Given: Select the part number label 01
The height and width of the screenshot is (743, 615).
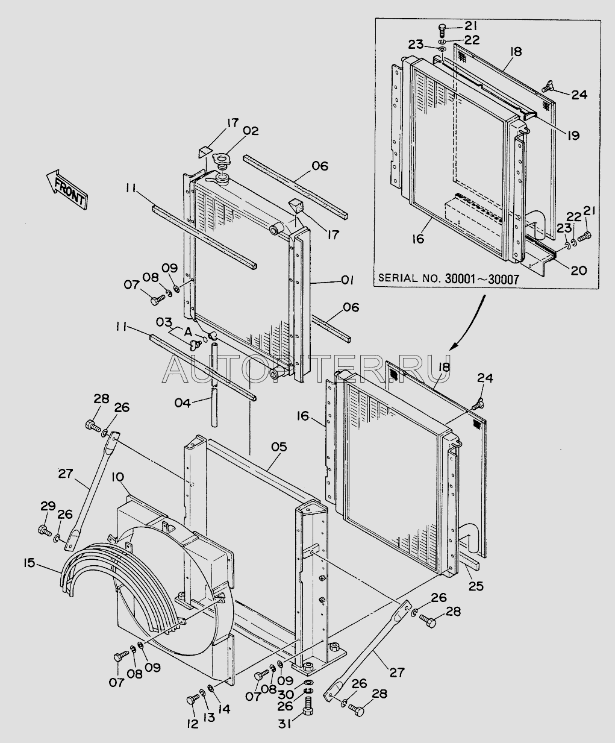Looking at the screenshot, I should [347, 280].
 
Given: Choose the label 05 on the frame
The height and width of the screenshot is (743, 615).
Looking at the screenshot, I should [278, 447].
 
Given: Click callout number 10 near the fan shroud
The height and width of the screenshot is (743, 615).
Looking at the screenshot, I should [117, 477].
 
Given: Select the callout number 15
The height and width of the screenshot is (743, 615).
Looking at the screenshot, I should [29, 563].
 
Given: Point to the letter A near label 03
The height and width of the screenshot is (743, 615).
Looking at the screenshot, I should [188, 332].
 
